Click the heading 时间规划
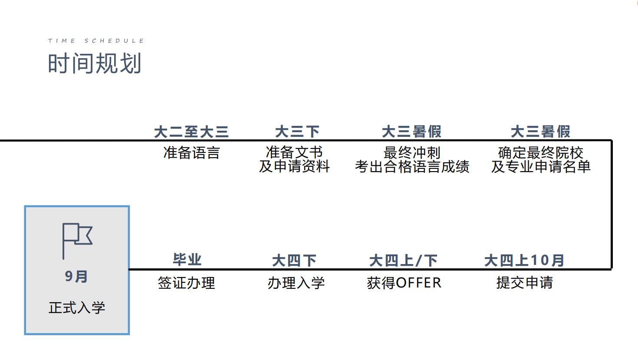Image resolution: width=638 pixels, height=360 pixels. click(95, 63)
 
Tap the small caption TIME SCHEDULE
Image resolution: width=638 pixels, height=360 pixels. click(96, 41)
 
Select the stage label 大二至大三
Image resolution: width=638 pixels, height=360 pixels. click(191, 132)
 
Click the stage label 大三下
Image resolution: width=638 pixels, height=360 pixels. click(297, 132)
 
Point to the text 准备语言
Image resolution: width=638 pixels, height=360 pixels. click(192, 153)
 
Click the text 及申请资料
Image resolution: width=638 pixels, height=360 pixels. click(295, 166)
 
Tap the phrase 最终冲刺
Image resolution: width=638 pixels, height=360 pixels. click(412, 153)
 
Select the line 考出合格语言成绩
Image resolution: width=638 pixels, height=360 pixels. click(412, 167)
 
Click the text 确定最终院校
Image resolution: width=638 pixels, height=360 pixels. click(541, 153)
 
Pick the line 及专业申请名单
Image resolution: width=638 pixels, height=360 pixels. click(541, 167)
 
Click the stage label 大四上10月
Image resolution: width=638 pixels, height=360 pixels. click(524, 260)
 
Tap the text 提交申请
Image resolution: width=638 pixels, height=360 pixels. click(525, 283)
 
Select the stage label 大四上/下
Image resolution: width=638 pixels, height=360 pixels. click(403, 261)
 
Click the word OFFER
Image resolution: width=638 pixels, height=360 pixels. click(419, 283)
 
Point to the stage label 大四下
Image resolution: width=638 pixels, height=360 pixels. click(294, 261)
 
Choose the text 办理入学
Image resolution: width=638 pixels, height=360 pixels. click(296, 283)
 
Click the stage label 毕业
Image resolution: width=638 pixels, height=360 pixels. click(187, 259)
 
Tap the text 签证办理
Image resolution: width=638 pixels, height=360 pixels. click(186, 283)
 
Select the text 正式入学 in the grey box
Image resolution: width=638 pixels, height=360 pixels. click(77, 308)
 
